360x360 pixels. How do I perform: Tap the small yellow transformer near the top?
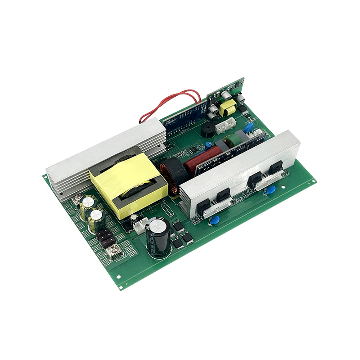tap(228, 108)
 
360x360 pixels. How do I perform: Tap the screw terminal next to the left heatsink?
tap(77, 198)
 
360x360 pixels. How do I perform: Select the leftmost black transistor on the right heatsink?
tap(203, 205)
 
